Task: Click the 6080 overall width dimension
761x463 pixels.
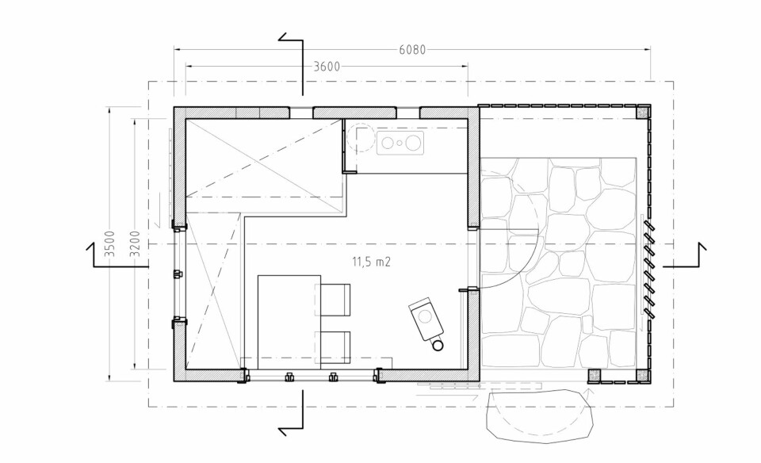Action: pyautogui.click(x=413, y=49)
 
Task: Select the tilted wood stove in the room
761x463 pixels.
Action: pyautogui.click(x=425, y=317)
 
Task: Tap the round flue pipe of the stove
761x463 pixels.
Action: pyautogui.click(x=438, y=344)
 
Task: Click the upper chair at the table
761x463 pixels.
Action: pyautogui.click(x=334, y=298)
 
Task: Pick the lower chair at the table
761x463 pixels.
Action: pyautogui.click(x=334, y=347)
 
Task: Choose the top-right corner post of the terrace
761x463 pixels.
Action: pyautogui.click(x=644, y=113)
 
